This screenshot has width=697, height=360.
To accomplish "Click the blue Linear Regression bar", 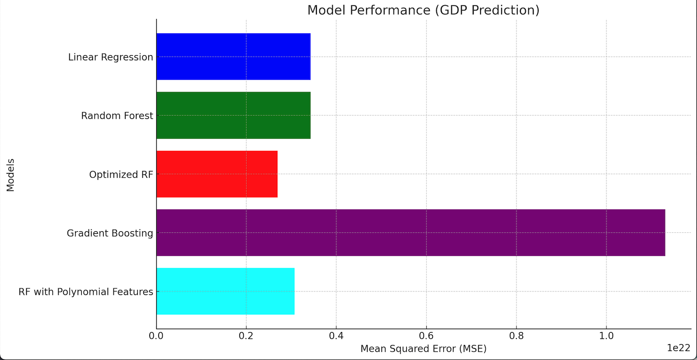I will (x=233, y=57).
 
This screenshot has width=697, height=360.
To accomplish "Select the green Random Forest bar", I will (x=233, y=115).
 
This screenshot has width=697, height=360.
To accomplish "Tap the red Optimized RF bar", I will (x=217, y=174).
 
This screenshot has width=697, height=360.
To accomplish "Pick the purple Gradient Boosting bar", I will (x=410, y=233).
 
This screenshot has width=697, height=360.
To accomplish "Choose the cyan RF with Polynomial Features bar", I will (x=225, y=291).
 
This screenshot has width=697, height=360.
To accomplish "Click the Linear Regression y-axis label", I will (x=110, y=57).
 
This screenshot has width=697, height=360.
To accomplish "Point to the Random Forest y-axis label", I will (x=117, y=116).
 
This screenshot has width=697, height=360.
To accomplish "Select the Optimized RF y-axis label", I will (x=121, y=175).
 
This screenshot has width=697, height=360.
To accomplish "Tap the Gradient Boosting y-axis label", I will (x=110, y=233).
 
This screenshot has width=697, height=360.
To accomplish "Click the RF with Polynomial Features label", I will (x=86, y=292).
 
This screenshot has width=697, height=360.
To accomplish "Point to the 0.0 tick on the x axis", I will (x=156, y=336).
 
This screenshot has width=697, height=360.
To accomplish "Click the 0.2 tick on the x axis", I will (x=246, y=336).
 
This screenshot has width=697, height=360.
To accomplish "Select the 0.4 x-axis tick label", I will (x=336, y=336).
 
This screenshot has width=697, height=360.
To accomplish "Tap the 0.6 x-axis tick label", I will (x=426, y=336).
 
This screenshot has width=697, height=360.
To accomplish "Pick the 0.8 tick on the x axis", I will (x=516, y=336).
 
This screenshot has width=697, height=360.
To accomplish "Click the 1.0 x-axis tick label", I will (x=606, y=336).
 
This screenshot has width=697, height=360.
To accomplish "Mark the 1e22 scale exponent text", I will (x=679, y=348).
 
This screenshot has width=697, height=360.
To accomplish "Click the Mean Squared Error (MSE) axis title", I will (x=423, y=349).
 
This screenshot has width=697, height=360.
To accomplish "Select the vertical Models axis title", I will (x=10, y=175).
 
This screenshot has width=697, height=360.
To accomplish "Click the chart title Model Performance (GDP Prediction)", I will (x=423, y=10).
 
